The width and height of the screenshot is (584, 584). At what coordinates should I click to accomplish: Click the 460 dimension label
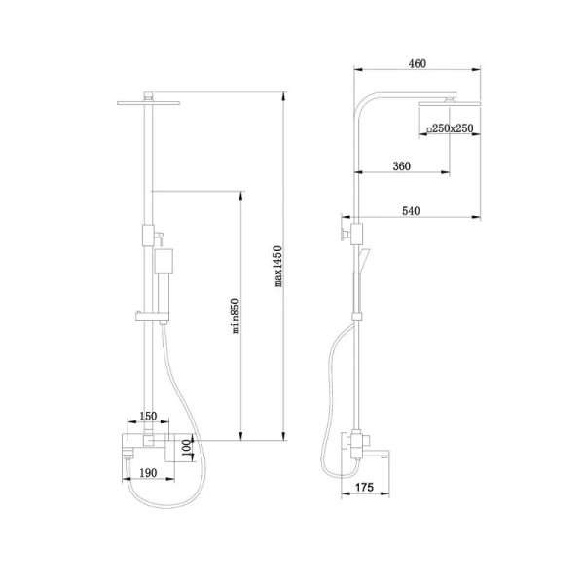tap(418, 63)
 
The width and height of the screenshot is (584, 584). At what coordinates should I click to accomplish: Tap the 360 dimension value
tap(401, 166)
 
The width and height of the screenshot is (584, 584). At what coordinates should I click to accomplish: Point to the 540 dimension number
tap(411, 211)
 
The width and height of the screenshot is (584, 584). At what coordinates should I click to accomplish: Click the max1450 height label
tap(278, 266)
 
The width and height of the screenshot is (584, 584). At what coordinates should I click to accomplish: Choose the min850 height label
tap(236, 315)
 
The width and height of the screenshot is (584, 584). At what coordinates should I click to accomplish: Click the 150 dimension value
tap(148, 416)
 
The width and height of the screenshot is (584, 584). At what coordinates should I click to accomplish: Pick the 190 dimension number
tap(148, 473)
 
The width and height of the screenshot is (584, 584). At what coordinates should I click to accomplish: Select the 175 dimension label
tap(364, 488)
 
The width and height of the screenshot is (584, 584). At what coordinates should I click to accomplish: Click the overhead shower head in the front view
tap(148, 102)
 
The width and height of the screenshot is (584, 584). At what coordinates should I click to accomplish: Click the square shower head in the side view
tap(450, 103)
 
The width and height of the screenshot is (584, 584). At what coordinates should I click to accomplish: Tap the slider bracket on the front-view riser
tap(152, 317)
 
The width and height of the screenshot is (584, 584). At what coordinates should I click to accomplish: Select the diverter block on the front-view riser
tap(148, 235)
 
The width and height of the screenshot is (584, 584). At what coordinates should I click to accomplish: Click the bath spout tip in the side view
tap(387, 455)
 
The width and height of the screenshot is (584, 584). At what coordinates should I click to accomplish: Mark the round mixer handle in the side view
tap(345, 441)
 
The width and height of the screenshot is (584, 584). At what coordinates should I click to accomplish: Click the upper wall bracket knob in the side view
tap(343, 234)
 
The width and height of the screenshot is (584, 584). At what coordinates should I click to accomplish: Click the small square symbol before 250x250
tap(429, 130)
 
